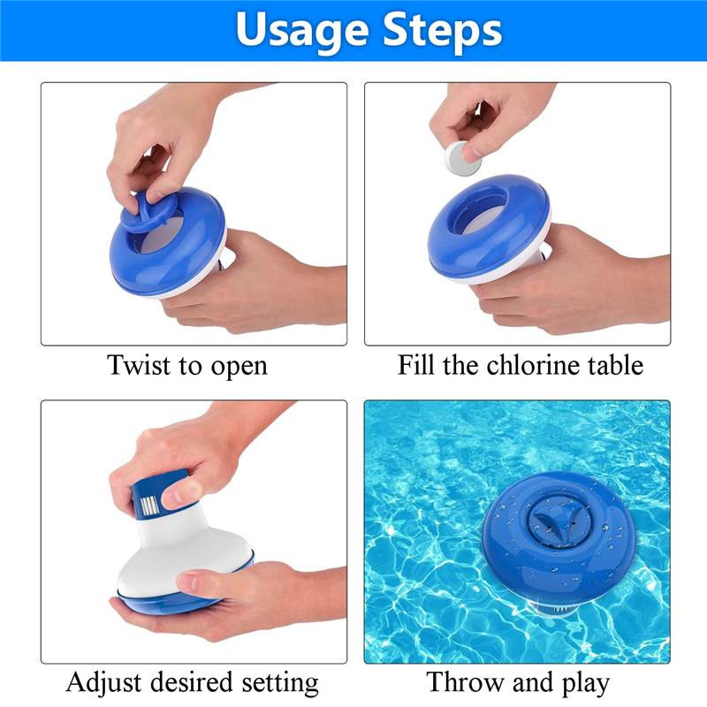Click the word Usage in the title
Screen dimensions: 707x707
(x=300, y=31)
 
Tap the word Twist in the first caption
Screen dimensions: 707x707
(x=138, y=364)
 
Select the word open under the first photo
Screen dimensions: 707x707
(x=239, y=367)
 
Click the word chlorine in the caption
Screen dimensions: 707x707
(x=534, y=364)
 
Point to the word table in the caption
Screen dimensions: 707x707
(x=616, y=364)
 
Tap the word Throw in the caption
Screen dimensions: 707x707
(x=466, y=681)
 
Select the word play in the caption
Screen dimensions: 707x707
(x=586, y=684)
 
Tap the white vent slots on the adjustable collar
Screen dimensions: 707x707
(x=148, y=506)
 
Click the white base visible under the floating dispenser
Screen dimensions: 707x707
(x=554, y=609)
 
